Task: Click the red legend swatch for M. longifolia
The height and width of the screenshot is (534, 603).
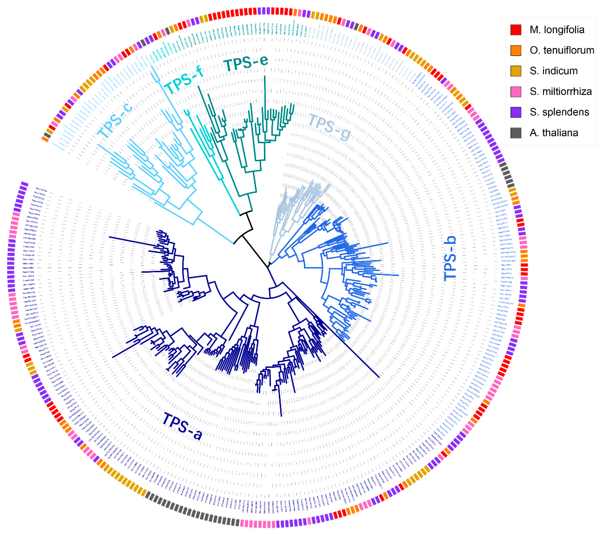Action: click(x=516, y=30)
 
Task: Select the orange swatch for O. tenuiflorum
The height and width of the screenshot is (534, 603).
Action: click(x=516, y=50)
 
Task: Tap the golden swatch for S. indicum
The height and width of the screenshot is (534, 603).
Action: click(x=516, y=71)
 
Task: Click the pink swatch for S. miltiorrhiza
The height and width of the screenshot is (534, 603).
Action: click(x=516, y=92)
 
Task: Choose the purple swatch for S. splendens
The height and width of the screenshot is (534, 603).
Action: click(x=516, y=112)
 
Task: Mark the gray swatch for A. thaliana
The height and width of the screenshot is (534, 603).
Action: click(x=516, y=133)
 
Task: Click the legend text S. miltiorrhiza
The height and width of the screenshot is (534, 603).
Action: click(x=560, y=92)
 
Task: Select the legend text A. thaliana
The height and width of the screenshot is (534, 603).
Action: click(x=554, y=133)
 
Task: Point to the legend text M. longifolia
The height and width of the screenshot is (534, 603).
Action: click(x=557, y=30)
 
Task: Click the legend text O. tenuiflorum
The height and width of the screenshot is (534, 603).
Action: click(x=562, y=50)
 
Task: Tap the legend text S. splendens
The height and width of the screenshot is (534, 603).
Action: click(x=559, y=112)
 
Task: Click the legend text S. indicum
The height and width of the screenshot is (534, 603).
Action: click(x=553, y=71)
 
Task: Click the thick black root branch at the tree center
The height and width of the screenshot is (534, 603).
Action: click(x=255, y=251)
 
